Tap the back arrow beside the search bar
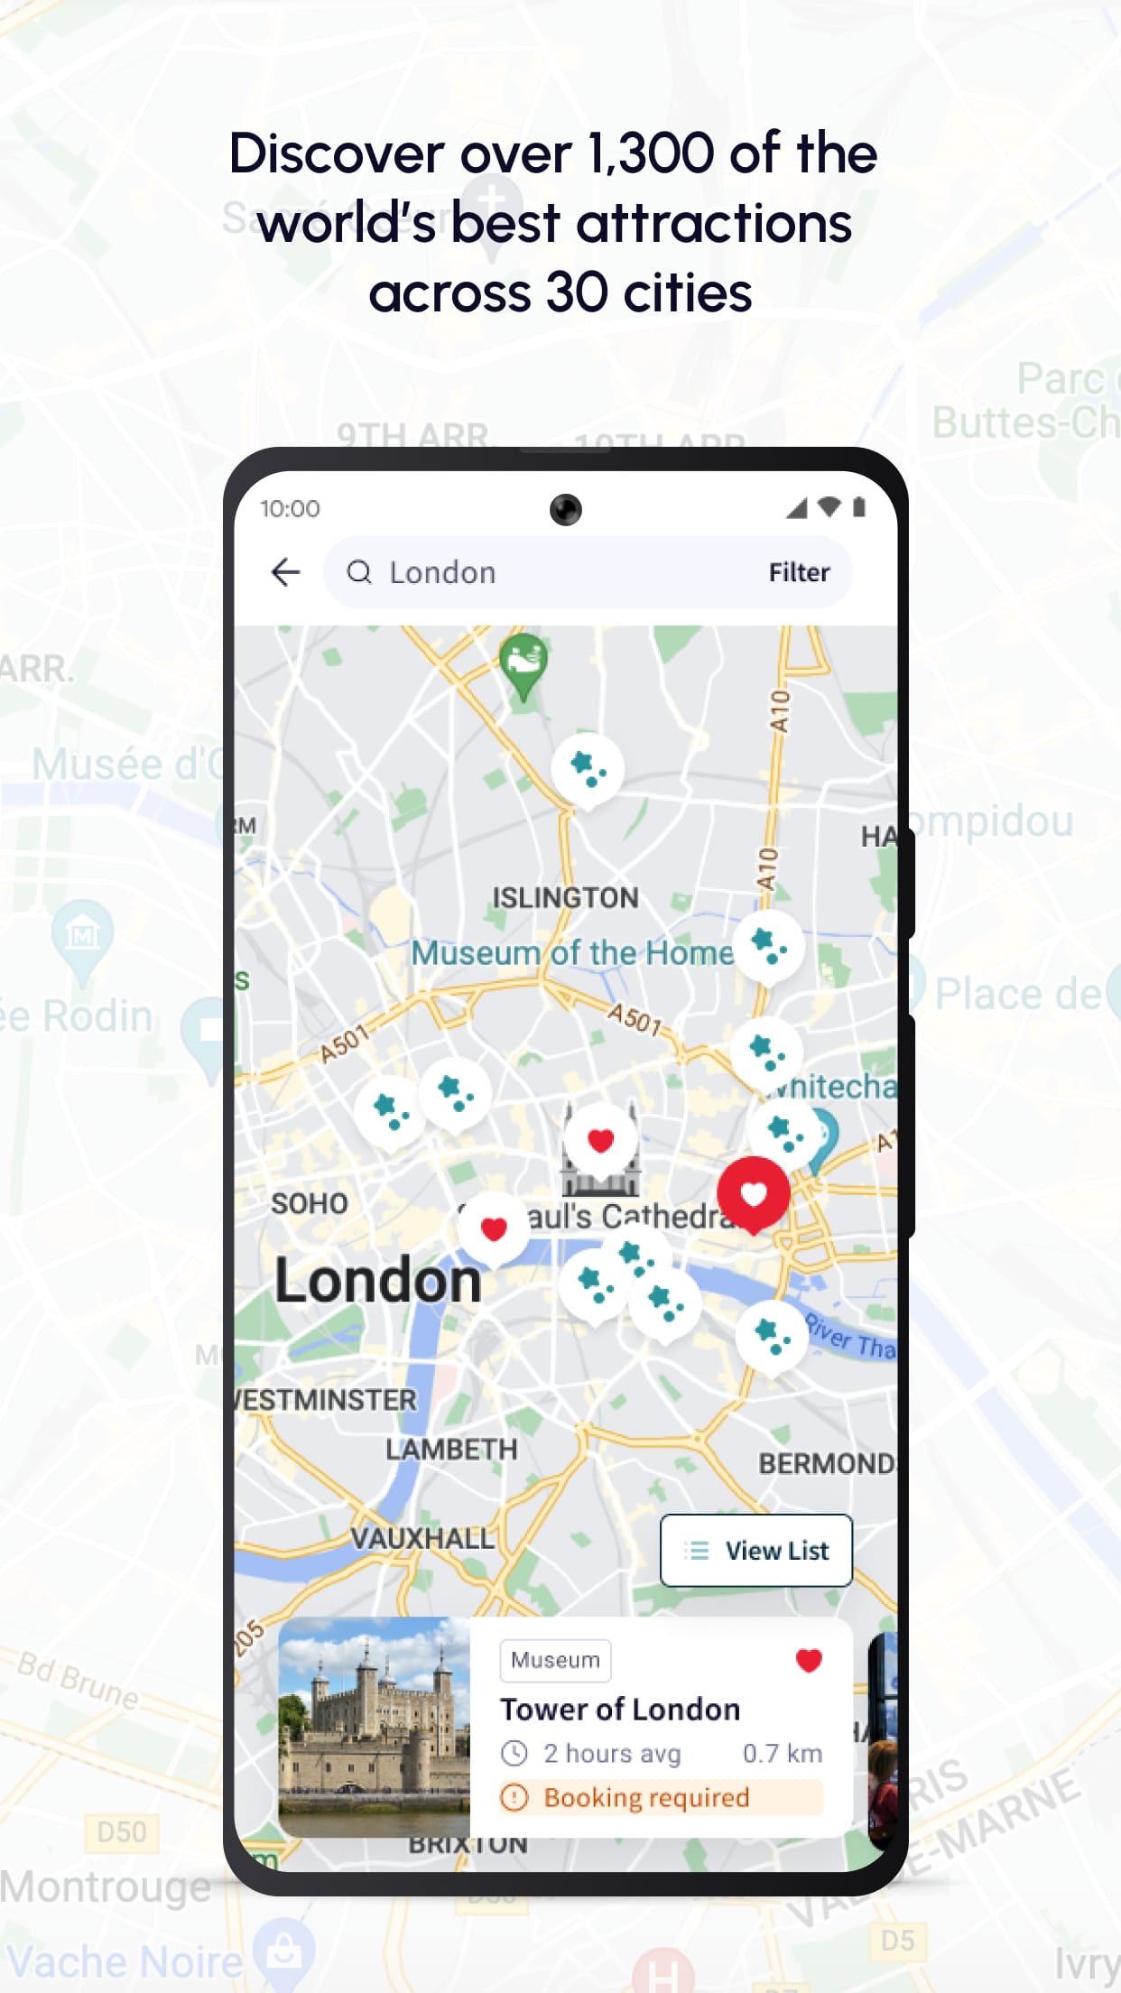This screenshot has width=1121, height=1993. [285, 571]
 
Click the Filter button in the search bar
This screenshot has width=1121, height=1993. [799, 572]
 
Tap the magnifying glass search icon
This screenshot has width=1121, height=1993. [359, 572]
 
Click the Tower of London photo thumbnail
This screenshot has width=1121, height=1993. [375, 1726]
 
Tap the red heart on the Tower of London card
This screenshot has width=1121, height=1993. [809, 1660]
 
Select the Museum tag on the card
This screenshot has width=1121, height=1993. [555, 1660]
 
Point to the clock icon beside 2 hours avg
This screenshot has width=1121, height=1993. [514, 1753]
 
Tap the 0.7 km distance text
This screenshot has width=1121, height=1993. [782, 1753]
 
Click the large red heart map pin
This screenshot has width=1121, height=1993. [754, 1193]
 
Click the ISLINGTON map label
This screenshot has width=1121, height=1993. [565, 898]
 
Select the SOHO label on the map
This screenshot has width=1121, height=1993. [310, 1203]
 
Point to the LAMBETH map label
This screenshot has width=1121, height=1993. [451, 1450]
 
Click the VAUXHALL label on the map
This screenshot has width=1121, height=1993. [422, 1538]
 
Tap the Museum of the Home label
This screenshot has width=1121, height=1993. [572, 952]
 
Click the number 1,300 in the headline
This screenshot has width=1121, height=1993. [651, 153]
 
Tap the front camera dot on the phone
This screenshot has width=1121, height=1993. [566, 509]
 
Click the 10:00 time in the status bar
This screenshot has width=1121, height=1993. [290, 509]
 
